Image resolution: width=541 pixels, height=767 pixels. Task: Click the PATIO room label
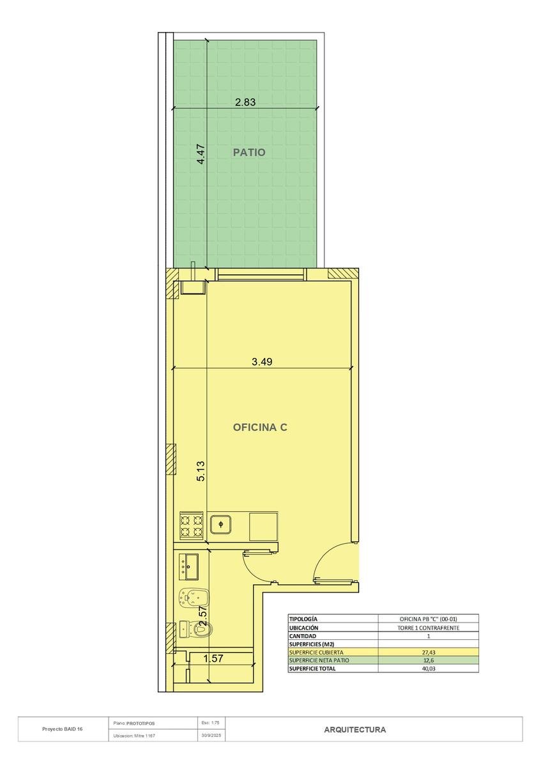(249, 152)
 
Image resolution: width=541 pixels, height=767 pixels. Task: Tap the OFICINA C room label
(260, 428)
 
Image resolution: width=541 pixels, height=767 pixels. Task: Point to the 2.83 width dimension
(245, 102)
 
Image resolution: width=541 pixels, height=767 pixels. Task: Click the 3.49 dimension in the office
(262, 362)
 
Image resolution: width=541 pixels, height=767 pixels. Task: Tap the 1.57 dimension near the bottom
(213, 658)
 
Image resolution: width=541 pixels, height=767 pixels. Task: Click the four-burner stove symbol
(192, 526)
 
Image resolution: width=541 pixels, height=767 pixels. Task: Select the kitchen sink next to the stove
(222, 524)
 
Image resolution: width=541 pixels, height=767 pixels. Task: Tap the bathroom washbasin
(188, 567)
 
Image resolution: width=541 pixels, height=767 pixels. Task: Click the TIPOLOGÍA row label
(303, 619)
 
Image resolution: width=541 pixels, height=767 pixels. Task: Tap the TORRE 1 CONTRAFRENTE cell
(428, 628)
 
